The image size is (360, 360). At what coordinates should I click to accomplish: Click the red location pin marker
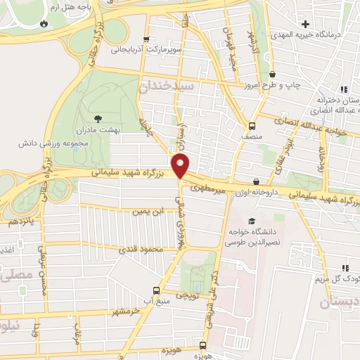click(x=181, y=167)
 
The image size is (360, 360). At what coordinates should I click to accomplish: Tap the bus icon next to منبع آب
click(x=156, y=290)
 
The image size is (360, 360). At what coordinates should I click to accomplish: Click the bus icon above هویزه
click(x=202, y=345)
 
